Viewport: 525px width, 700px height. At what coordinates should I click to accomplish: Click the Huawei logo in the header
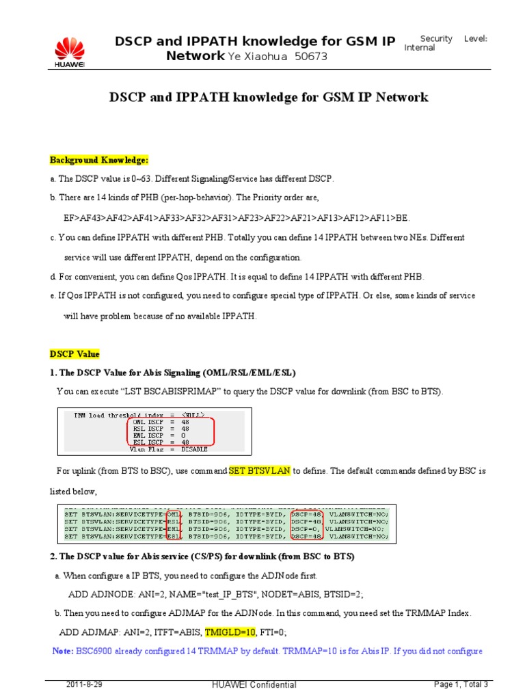[69, 51]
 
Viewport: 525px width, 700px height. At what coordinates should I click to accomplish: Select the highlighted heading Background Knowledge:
[98, 160]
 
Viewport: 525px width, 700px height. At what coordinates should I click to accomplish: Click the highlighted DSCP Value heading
[75, 354]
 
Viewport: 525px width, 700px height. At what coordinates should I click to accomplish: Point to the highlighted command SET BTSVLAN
[260, 472]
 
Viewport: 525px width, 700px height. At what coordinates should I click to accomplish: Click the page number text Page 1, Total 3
[461, 684]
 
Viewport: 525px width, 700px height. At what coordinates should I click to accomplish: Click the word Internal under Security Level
[420, 48]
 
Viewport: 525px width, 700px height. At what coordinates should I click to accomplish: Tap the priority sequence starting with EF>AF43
[237, 217]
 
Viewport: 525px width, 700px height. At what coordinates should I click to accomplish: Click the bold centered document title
[269, 97]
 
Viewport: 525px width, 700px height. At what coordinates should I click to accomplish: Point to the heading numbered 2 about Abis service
[202, 556]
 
